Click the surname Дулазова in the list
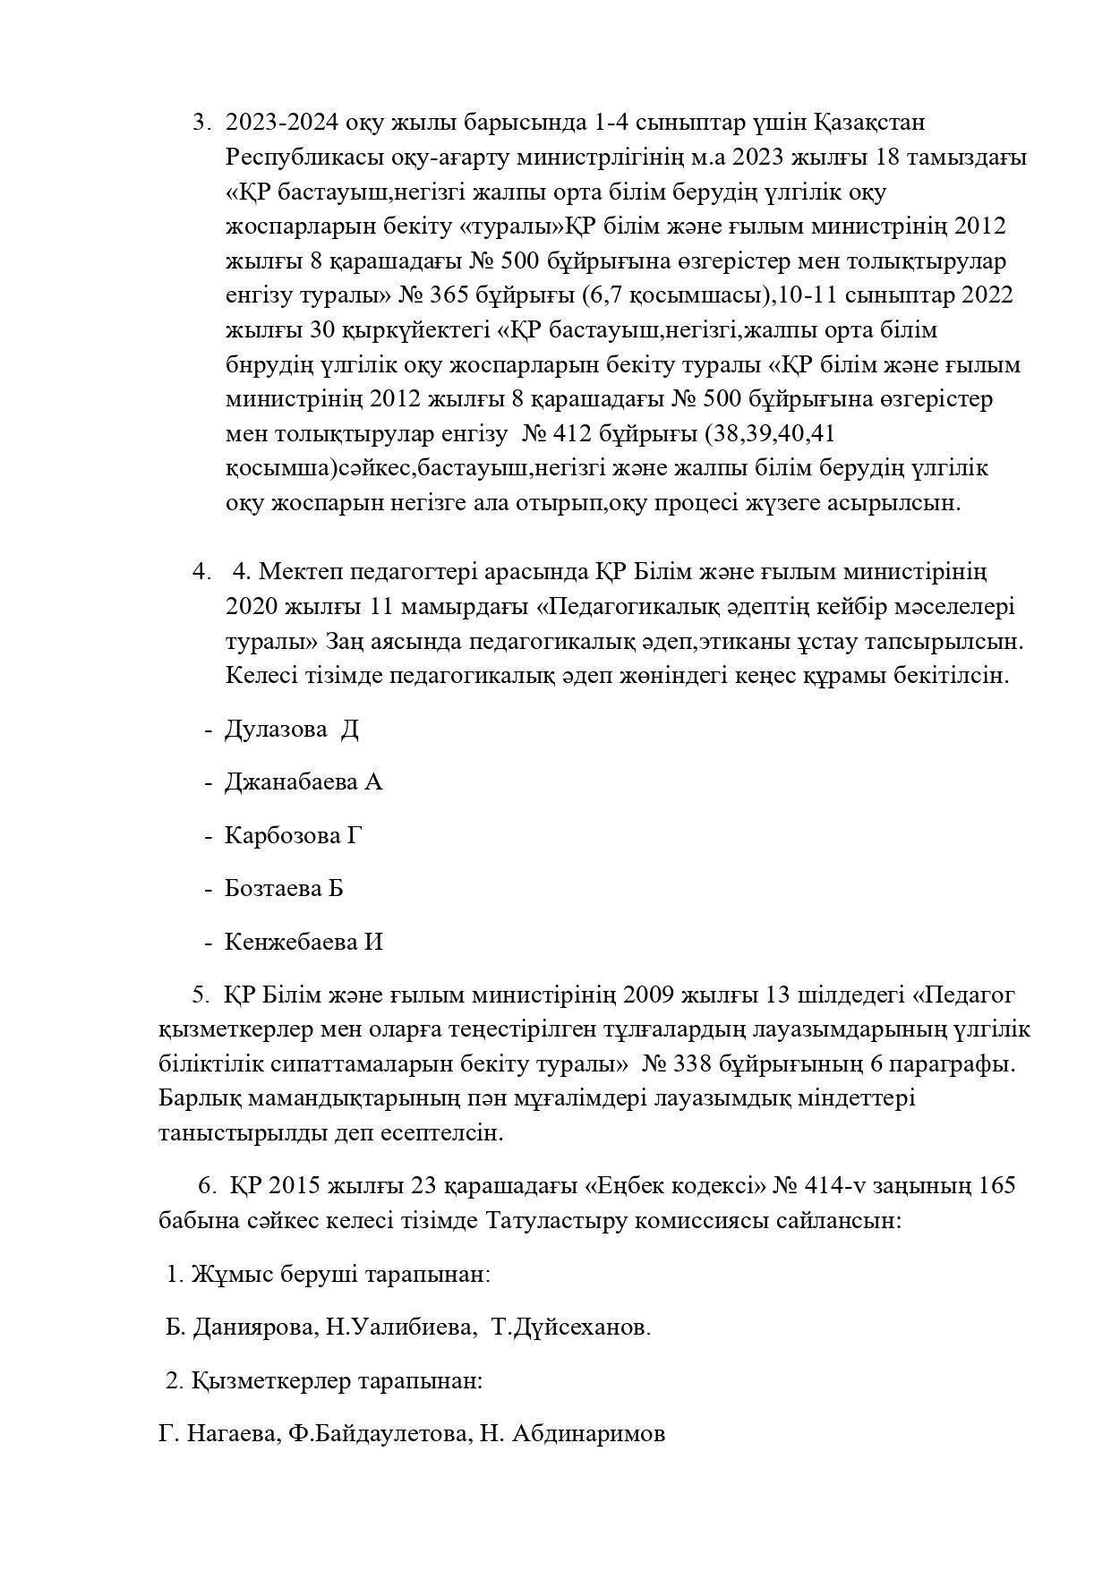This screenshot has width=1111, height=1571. click(x=276, y=730)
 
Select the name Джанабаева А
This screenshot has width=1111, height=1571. click(x=303, y=782)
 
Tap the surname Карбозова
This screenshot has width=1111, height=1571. click(x=280, y=836)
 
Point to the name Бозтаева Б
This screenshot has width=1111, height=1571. click(x=284, y=889)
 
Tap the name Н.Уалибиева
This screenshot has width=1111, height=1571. click(x=400, y=1328)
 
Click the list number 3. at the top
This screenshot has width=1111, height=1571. click(x=201, y=123)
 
